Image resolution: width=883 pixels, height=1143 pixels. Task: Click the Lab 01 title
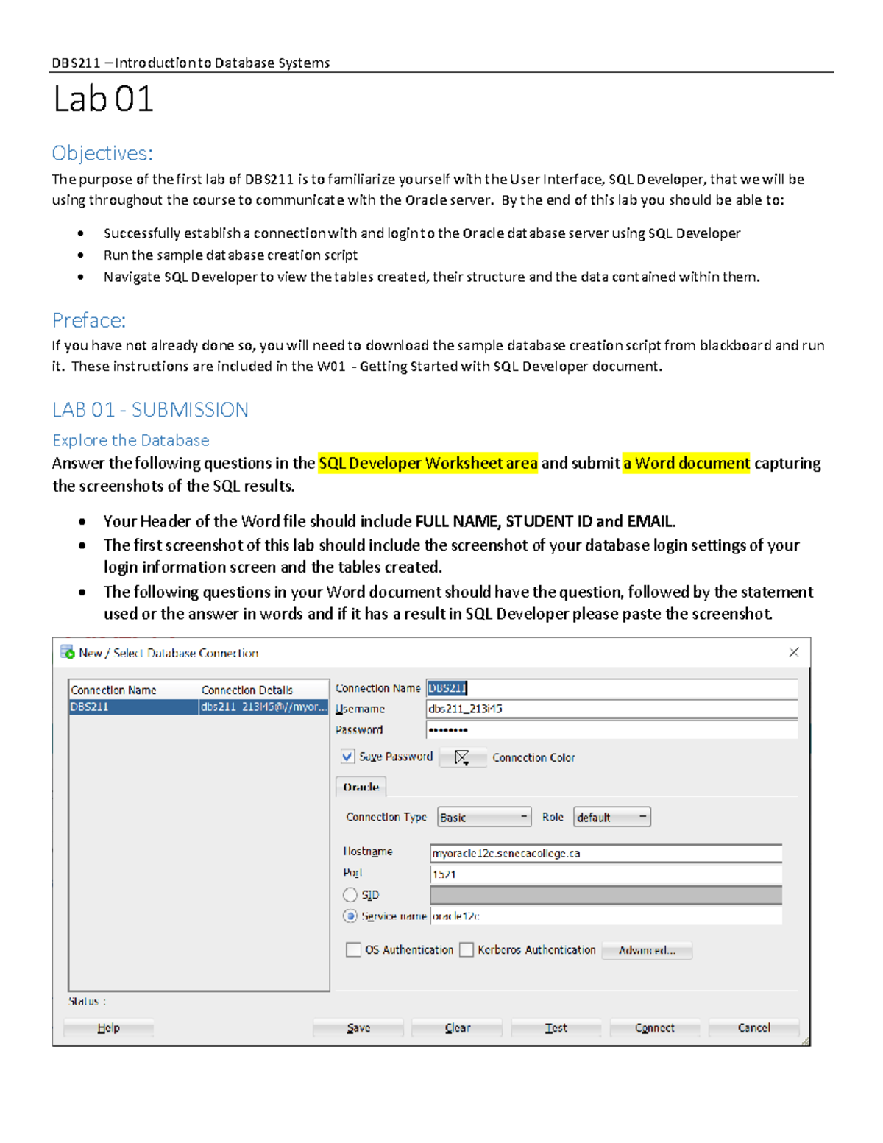[103, 99]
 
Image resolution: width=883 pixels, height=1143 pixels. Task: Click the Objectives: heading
[102, 153]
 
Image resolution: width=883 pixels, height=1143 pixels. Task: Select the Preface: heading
[89, 320]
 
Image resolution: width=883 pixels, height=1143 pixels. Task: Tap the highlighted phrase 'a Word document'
[686, 463]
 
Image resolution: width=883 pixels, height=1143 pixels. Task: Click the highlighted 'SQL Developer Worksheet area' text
[428, 463]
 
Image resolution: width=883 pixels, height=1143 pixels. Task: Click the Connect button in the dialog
[654, 1027]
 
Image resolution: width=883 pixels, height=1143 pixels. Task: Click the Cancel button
[753, 1027]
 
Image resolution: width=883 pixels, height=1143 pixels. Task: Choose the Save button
[358, 1027]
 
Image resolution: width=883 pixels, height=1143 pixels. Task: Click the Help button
[108, 1027]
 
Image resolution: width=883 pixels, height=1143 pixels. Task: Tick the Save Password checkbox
[347, 756]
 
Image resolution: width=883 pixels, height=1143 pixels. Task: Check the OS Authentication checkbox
[353, 949]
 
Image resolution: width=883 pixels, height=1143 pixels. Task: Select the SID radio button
[350, 894]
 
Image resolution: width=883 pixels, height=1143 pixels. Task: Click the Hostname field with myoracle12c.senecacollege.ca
[605, 853]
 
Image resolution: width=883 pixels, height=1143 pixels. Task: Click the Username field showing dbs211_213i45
[611, 709]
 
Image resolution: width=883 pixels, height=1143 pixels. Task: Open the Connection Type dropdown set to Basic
[484, 817]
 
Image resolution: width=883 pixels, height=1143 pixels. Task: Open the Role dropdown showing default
[611, 817]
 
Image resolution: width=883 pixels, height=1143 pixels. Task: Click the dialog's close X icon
[793, 652]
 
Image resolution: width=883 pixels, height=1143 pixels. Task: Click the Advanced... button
[647, 950]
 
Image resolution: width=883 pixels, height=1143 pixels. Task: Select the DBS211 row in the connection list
[132, 707]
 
